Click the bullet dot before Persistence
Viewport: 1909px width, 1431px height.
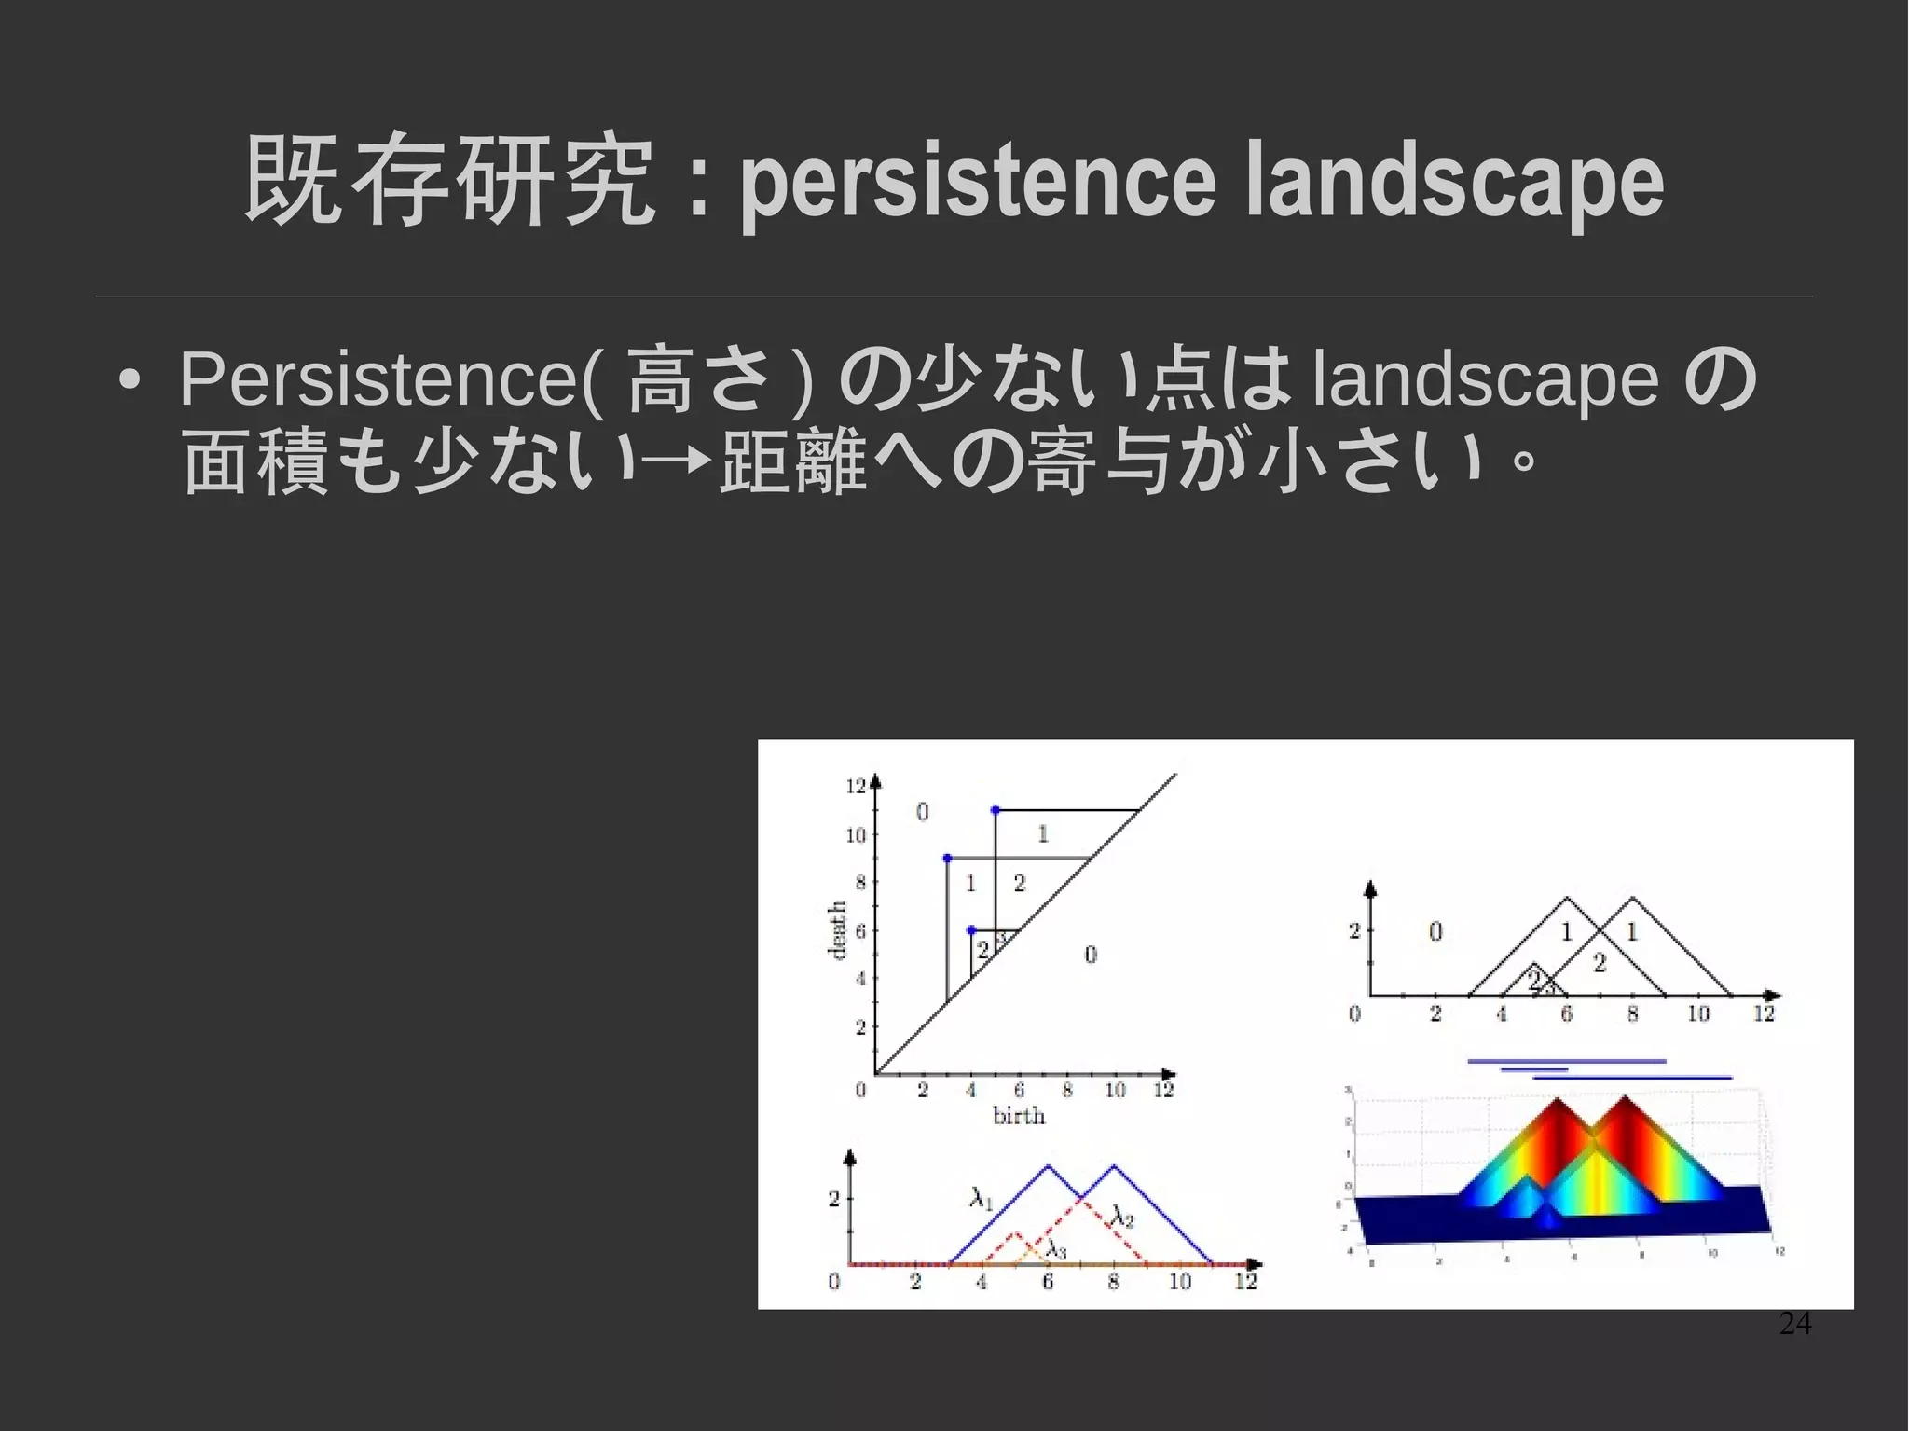point(130,381)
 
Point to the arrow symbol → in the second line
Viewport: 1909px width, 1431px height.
point(679,460)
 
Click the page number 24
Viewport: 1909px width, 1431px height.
point(1794,1323)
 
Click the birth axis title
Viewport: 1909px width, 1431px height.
point(1018,1116)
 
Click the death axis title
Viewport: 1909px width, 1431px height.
point(836,929)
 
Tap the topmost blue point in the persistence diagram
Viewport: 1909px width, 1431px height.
point(995,810)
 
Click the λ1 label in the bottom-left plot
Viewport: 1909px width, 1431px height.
point(981,1196)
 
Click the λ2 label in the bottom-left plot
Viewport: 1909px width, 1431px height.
point(1122,1216)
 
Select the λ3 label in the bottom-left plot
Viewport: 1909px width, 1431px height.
point(1055,1248)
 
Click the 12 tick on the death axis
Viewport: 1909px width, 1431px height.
point(856,786)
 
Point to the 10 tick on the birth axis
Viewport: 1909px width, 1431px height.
point(1115,1090)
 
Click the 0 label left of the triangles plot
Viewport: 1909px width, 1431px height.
point(1435,930)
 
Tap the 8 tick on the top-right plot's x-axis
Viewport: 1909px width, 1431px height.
point(1631,1014)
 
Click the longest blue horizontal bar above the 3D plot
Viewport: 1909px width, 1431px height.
point(1566,1061)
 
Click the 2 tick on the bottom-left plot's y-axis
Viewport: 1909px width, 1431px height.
point(834,1198)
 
